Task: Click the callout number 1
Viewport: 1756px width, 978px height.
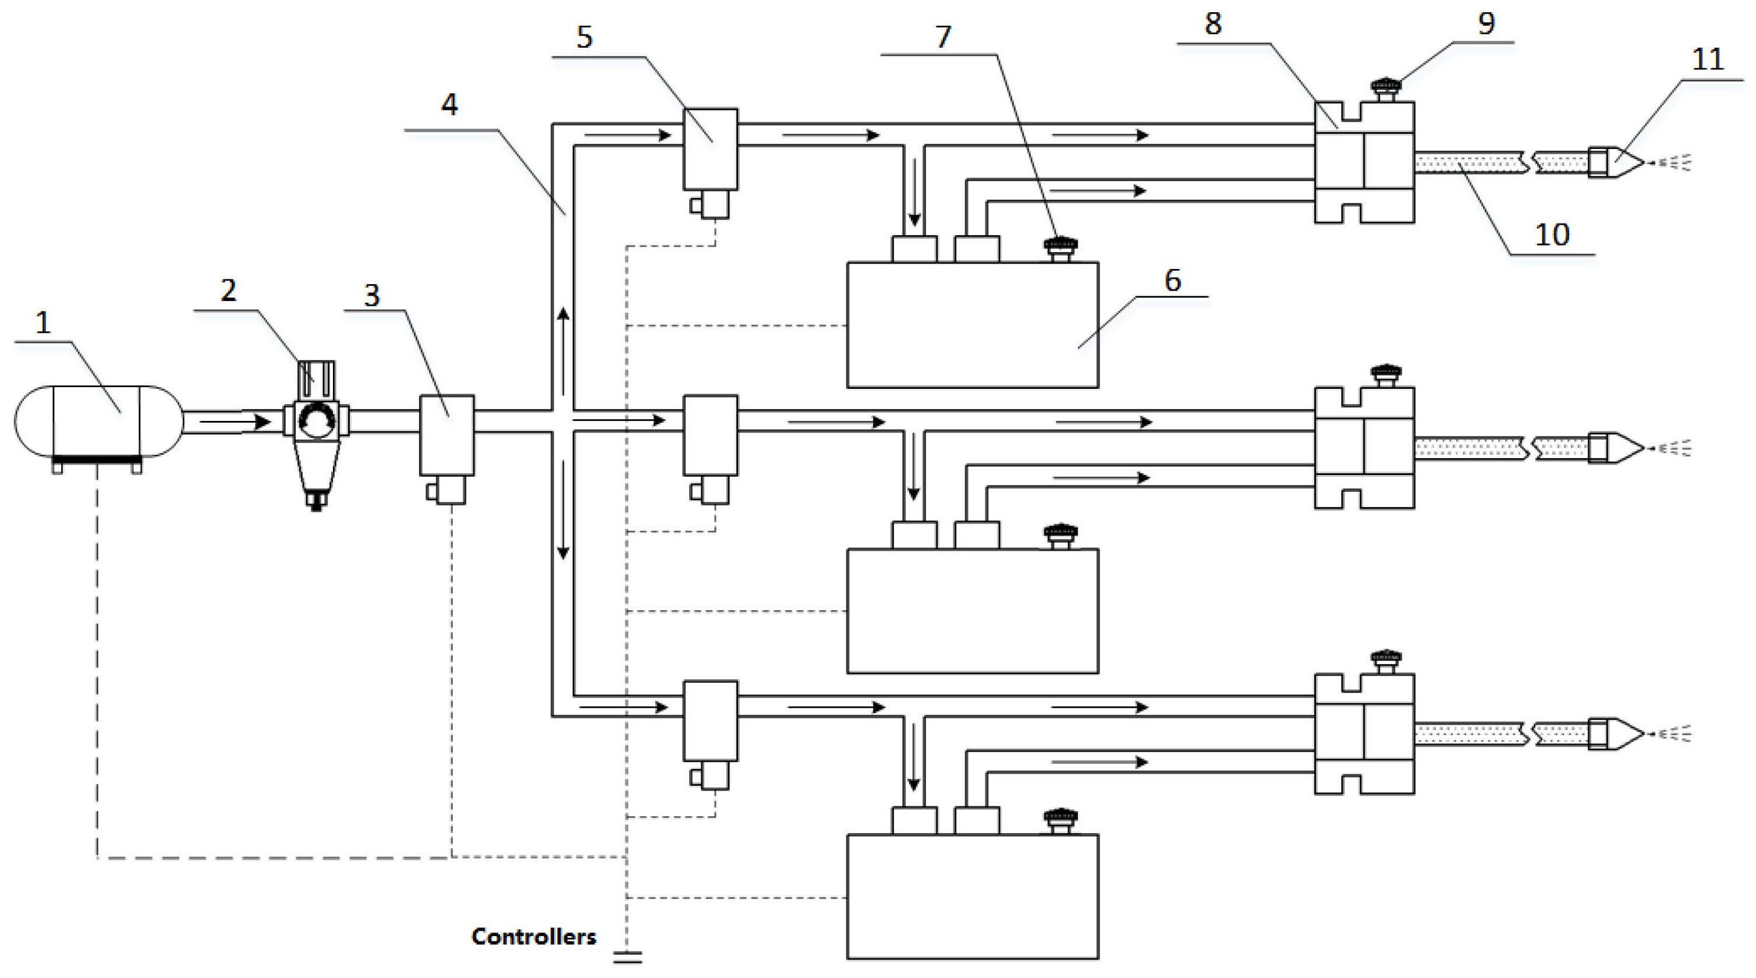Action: click(x=43, y=322)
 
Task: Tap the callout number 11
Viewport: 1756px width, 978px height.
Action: click(x=1708, y=60)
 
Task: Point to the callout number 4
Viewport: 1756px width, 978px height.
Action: click(x=449, y=104)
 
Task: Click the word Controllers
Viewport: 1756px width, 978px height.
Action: click(x=533, y=937)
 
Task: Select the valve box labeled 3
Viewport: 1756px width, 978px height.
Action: click(x=446, y=435)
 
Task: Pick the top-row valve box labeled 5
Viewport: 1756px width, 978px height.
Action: click(x=710, y=148)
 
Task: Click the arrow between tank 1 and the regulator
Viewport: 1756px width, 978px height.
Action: click(x=235, y=422)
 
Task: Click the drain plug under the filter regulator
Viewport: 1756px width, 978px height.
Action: click(x=315, y=501)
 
